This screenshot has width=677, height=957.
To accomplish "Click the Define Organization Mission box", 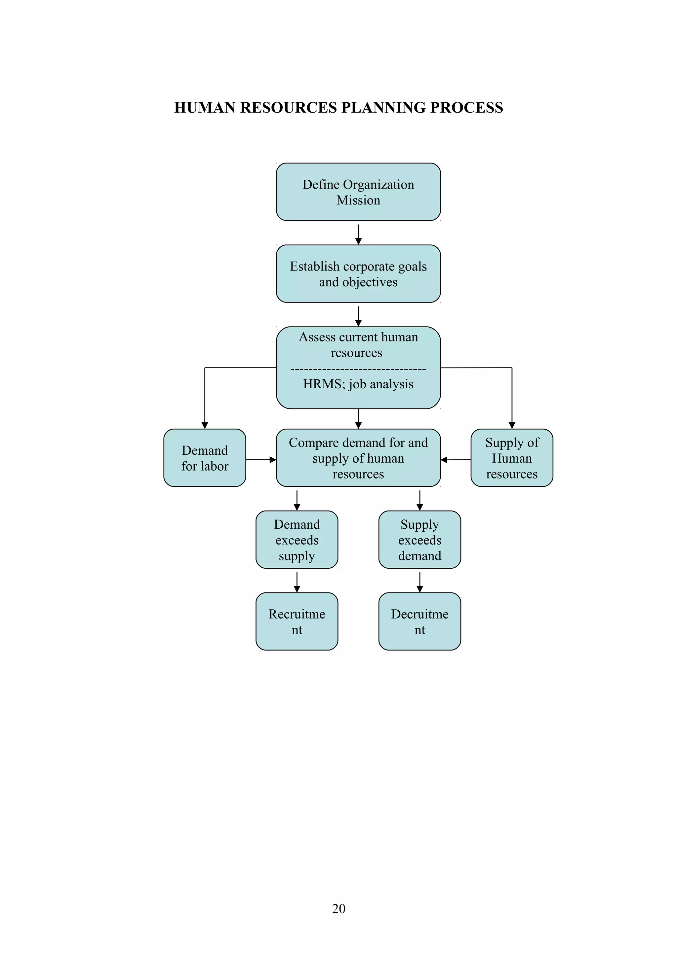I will (x=358, y=192).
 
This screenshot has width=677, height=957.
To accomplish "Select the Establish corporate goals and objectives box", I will (x=358, y=273).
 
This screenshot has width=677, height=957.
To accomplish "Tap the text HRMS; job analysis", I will (x=358, y=384).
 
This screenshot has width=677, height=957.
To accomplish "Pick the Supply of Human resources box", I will (x=511, y=458).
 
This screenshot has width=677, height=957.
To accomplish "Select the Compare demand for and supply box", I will (x=358, y=458).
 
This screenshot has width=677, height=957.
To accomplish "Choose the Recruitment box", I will (x=297, y=621).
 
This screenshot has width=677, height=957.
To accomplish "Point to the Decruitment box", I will (x=419, y=621).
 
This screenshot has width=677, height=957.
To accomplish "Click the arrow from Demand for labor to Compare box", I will (x=261, y=460).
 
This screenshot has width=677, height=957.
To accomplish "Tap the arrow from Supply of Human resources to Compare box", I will (x=456, y=460).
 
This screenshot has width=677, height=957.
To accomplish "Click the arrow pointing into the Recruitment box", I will (x=297, y=582).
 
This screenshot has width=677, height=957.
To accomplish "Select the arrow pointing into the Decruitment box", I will (x=419, y=582).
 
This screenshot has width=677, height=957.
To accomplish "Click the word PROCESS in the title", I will (x=466, y=108).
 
